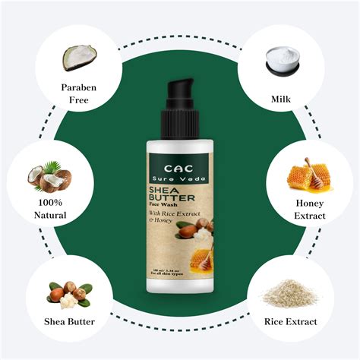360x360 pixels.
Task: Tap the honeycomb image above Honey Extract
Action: pos(308,174)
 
